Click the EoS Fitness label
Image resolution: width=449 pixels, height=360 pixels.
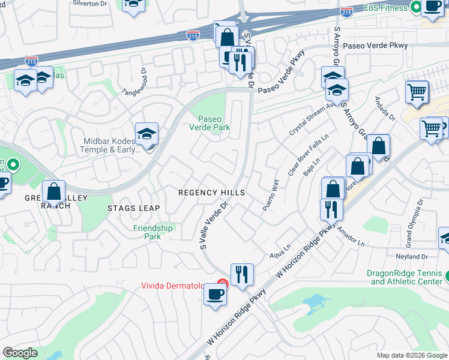pos(386,8)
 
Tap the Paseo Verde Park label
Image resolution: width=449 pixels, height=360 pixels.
pos(214,122)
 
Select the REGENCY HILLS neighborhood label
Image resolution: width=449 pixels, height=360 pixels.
pos(212,193)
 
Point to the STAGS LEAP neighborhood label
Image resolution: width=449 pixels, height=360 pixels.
pos(133,208)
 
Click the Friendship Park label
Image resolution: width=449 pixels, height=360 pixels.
pos(152,232)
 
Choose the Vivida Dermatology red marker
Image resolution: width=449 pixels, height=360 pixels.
pos(222,284)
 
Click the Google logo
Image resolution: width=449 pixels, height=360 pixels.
pos(20,353)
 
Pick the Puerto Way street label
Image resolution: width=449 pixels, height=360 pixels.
pos(271,196)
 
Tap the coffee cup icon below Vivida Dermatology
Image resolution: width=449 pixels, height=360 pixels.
pos(215,294)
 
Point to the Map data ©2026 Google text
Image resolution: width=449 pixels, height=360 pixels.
pos(411,355)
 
